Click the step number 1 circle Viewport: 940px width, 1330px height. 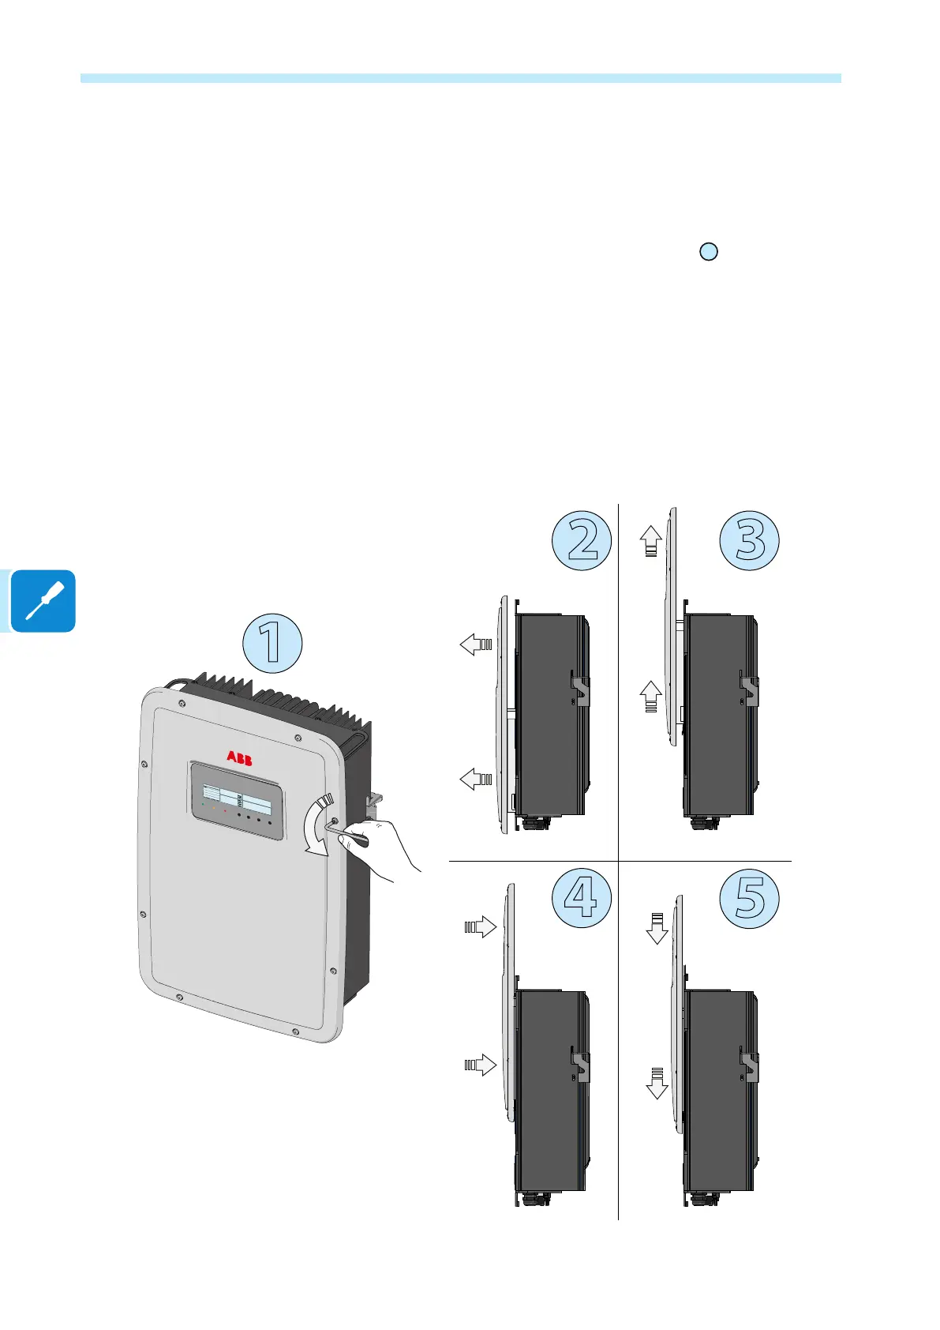point(272,643)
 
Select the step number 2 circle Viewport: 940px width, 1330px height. point(582,540)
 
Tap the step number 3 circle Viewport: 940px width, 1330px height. point(749,540)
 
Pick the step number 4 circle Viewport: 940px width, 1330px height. point(582,897)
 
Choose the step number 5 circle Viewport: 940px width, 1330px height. point(749,899)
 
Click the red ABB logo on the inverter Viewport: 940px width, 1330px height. point(240,758)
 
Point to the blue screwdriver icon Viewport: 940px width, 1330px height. point(44,601)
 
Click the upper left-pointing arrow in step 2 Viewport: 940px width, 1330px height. point(476,644)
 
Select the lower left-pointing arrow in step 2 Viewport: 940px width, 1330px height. point(476,780)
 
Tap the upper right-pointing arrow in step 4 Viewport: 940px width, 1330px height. point(481,926)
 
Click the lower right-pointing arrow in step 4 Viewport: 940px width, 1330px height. point(481,1065)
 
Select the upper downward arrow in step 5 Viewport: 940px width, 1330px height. point(657,929)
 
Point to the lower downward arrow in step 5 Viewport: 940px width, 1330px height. point(657,1084)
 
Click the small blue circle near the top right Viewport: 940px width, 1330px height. point(709,252)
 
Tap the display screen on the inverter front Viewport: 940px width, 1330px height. point(237,799)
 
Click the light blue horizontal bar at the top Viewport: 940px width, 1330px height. point(461,78)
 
